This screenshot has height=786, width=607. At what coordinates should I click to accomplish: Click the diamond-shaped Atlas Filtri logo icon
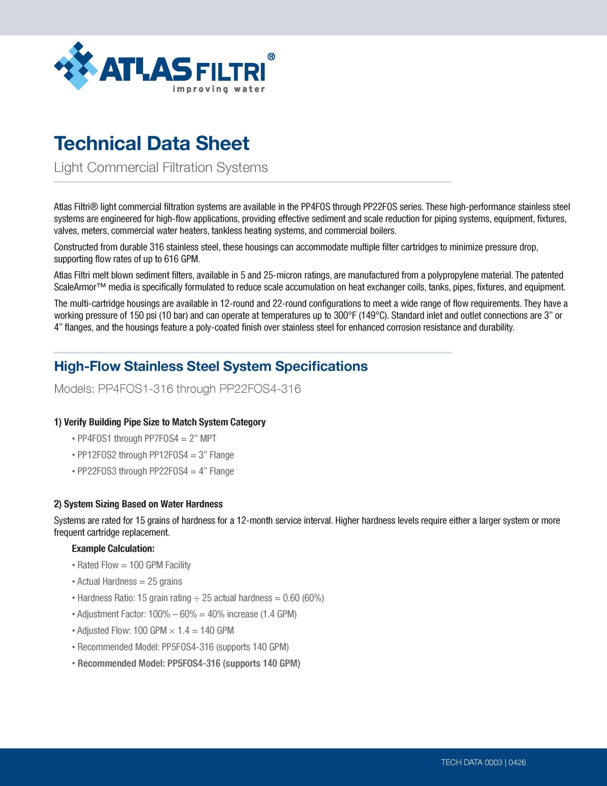click(x=76, y=66)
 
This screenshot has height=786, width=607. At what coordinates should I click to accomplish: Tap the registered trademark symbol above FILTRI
click(x=271, y=56)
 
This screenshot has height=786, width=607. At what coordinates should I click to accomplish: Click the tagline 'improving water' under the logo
click(x=219, y=89)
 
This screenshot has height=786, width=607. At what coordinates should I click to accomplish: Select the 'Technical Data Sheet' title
click(x=151, y=144)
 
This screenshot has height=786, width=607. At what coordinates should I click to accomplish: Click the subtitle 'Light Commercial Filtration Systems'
click(x=161, y=167)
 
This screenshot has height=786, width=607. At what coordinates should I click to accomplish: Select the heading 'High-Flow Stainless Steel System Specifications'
click(x=211, y=367)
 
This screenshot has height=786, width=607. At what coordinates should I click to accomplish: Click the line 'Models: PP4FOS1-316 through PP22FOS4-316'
click(x=177, y=389)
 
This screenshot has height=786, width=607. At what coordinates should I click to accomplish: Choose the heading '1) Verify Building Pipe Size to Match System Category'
click(x=160, y=422)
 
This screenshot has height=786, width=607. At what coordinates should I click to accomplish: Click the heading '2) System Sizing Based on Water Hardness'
click(x=138, y=504)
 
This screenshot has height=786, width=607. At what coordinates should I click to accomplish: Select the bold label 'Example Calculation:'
click(x=113, y=549)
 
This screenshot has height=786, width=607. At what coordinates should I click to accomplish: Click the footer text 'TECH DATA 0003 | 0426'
click(x=483, y=763)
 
